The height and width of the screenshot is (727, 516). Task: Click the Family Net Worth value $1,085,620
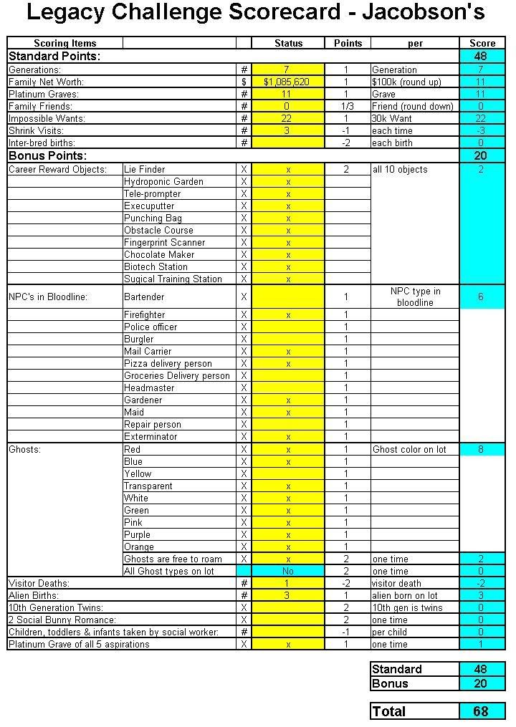[287, 82]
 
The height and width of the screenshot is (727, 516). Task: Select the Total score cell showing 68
[481, 711]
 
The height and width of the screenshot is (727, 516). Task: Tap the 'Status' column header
[288, 44]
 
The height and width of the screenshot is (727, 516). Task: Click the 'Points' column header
[348, 44]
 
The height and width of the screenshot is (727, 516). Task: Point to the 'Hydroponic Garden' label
[163, 182]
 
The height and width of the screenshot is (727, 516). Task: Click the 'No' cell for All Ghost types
[288, 572]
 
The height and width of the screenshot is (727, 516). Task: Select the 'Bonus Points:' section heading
[47, 155]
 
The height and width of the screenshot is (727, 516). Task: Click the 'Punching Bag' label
[153, 218]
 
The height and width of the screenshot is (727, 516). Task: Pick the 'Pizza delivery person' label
[168, 364]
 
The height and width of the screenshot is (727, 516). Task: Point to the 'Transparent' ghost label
[148, 486]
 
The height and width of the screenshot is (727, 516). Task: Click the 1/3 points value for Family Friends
[348, 106]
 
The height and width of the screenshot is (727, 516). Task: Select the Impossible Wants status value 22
[287, 118]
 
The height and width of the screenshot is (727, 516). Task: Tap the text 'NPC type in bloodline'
[415, 297]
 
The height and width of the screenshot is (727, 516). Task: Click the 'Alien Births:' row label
[34, 596]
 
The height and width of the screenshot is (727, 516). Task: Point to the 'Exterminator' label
[150, 437]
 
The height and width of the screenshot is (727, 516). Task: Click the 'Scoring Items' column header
[64, 44]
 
